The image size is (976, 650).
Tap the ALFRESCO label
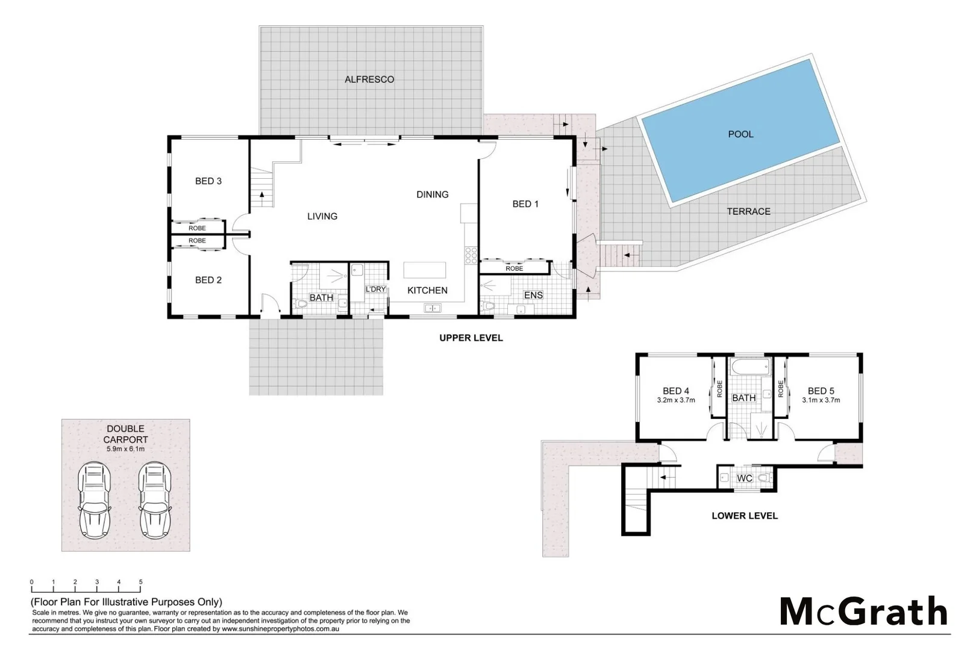click(x=369, y=79)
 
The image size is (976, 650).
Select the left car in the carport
click(x=95, y=500)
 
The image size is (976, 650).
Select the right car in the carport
click(x=155, y=500)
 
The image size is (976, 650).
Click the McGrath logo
click(x=863, y=611)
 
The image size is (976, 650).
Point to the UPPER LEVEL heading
click(x=471, y=338)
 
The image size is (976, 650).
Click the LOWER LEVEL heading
click(x=744, y=516)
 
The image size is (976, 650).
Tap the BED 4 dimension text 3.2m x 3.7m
click(x=675, y=400)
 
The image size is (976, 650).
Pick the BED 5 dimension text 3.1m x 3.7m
click(x=821, y=400)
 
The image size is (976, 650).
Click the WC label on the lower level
click(x=745, y=478)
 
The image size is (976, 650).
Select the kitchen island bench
click(x=425, y=269)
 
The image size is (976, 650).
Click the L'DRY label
click(x=375, y=289)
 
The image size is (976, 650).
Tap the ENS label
click(x=533, y=295)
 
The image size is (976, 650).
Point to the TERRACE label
click(x=748, y=211)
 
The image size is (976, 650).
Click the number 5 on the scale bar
click(x=141, y=582)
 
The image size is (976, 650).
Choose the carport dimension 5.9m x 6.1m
click(x=125, y=449)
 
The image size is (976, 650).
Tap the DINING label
click(x=432, y=194)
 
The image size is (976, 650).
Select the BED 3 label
click(x=208, y=181)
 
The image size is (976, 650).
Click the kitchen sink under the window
click(x=432, y=308)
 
